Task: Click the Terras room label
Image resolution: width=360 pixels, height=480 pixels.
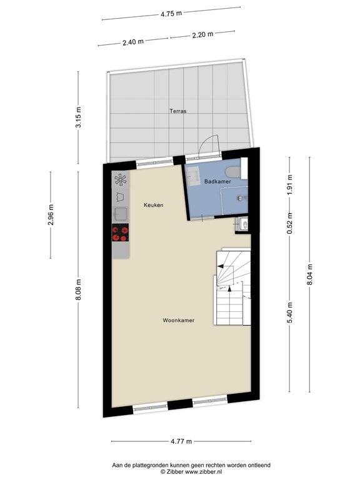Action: [x=178, y=111]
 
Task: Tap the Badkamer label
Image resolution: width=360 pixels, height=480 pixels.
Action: [x=217, y=181]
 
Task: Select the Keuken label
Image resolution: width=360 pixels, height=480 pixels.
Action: [x=153, y=205]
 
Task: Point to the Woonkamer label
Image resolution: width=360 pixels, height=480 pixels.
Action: [x=179, y=321]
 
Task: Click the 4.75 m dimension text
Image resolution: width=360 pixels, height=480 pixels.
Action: [x=171, y=14]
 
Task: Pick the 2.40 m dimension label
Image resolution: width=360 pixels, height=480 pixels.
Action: [x=133, y=42]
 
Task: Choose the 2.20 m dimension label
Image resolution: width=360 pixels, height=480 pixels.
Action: [x=202, y=34]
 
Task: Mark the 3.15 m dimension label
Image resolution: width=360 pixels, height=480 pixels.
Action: [x=79, y=117]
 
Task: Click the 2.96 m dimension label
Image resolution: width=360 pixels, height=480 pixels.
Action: [x=51, y=214]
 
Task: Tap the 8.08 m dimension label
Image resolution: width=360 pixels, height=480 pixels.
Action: [x=79, y=289]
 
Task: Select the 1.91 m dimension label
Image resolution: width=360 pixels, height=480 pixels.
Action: [x=290, y=184]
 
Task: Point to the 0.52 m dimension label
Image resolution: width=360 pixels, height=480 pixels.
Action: [x=290, y=223]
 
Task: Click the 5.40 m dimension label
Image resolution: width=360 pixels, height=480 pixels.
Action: [x=290, y=312]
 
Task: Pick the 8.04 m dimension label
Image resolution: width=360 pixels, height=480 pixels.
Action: [x=309, y=274]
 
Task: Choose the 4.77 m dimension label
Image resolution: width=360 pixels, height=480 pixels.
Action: [x=181, y=441]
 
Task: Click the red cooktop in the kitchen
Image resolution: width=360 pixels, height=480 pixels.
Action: [x=120, y=232]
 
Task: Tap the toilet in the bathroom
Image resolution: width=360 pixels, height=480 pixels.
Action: [x=233, y=172]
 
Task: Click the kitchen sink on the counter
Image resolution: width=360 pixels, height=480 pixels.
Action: [x=121, y=214]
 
